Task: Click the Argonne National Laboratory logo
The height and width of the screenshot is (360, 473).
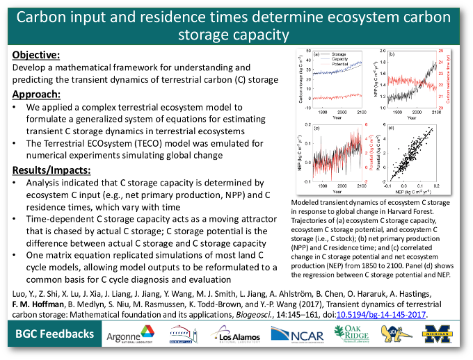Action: [x=129, y=336]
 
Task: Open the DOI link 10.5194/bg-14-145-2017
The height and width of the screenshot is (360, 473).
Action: [x=391, y=314]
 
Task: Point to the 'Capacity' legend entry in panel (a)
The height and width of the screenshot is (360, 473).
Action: [x=339, y=59]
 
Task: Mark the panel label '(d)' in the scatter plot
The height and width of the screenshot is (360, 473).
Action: [x=392, y=129]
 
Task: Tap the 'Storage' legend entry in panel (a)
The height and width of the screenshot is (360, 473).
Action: [x=339, y=54]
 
